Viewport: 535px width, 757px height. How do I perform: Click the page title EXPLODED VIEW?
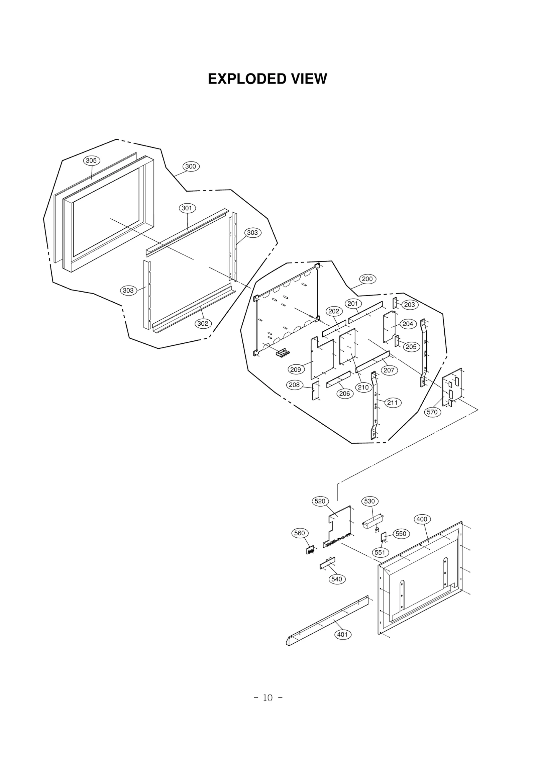pyautogui.click(x=267, y=79)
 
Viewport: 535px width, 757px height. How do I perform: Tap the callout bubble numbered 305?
pyautogui.click(x=91, y=160)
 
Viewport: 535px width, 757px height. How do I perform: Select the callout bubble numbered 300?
pyautogui.click(x=191, y=166)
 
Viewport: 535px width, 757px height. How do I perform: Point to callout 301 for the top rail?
pyautogui.click(x=187, y=208)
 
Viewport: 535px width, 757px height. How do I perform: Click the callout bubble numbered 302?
pyautogui.click(x=203, y=323)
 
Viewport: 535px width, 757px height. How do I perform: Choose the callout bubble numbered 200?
pyautogui.click(x=367, y=279)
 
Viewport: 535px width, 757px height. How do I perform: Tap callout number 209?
pyautogui.click(x=296, y=369)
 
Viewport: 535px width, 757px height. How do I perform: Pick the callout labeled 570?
pyautogui.click(x=432, y=412)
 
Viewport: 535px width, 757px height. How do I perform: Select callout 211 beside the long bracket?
pyautogui.click(x=392, y=403)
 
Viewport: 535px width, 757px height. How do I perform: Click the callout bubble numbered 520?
pyautogui.click(x=320, y=510)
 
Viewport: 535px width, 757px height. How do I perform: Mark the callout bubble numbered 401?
pyautogui.click(x=342, y=634)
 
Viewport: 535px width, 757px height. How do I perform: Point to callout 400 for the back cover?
pyautogui.click(x=422, y=519)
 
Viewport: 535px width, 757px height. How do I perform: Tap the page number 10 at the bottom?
pyautogui.click(x=267, y=698)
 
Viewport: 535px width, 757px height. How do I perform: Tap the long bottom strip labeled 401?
pyautogui.click(x=328, y=620)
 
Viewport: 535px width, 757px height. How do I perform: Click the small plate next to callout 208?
pyautogui.click(x=316, y=391)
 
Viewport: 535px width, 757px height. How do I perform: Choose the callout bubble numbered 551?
pyautogui.click(x=380, y=552)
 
